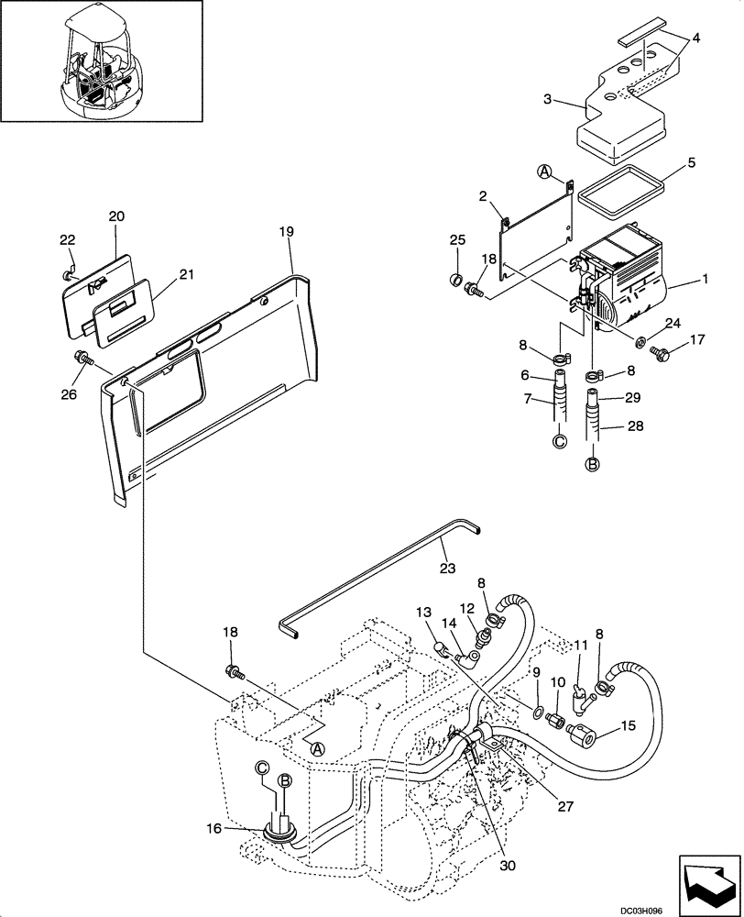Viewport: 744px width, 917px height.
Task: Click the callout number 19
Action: [286, 232]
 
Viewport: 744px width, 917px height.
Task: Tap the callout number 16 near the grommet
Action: [213, 829]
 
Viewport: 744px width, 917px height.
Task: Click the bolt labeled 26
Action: [79, 359]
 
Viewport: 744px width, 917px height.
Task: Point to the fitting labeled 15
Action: [583, 735]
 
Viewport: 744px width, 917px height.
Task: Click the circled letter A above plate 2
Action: [544, 171]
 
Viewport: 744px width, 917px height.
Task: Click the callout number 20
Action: [116, 216]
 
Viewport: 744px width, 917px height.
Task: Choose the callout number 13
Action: [423, 612]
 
